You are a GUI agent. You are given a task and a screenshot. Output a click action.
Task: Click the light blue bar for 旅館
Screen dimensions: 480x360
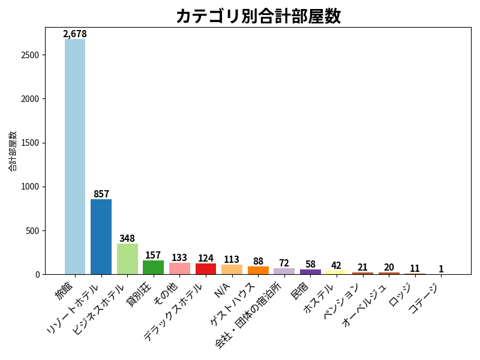tap(75, 157)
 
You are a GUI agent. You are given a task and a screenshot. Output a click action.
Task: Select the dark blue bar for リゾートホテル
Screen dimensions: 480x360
tap(101, 236)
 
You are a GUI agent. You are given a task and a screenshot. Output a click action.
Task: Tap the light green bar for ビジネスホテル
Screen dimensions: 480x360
tap(127, 259)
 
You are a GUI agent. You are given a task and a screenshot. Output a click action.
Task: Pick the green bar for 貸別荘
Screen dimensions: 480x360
tap(154, 267)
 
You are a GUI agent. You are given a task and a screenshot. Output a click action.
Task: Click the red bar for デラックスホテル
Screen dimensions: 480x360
tap(206, 269)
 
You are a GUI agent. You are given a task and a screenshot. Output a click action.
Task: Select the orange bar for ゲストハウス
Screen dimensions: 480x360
tap(258, 271)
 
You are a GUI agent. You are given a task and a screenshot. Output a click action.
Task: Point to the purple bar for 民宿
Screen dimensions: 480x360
tap(310, 272)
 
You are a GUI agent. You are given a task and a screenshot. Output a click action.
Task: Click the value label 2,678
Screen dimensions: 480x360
tap(75, 34)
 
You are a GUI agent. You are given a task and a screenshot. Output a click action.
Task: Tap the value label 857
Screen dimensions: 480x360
tap(101, 194)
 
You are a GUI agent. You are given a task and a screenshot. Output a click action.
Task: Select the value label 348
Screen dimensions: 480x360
tap(127, 238)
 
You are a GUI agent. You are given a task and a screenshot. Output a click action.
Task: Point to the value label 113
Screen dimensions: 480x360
tap(232, 260)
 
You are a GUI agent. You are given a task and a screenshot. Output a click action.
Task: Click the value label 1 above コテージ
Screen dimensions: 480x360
tap(441, 269)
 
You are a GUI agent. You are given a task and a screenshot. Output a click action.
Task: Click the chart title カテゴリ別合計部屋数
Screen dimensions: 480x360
tap(259, 16)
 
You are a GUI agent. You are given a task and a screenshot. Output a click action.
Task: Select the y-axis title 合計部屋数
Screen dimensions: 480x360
tap(12, 151)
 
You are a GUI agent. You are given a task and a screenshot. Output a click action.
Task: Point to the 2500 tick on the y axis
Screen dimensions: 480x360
tap(30, 55)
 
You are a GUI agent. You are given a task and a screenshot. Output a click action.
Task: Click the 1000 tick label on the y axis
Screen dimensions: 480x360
tap(30, 187)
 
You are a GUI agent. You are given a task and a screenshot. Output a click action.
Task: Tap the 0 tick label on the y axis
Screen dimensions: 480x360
tap(38, 275)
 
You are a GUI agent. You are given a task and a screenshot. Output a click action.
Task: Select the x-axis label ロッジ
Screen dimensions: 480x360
tap(400, 295)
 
